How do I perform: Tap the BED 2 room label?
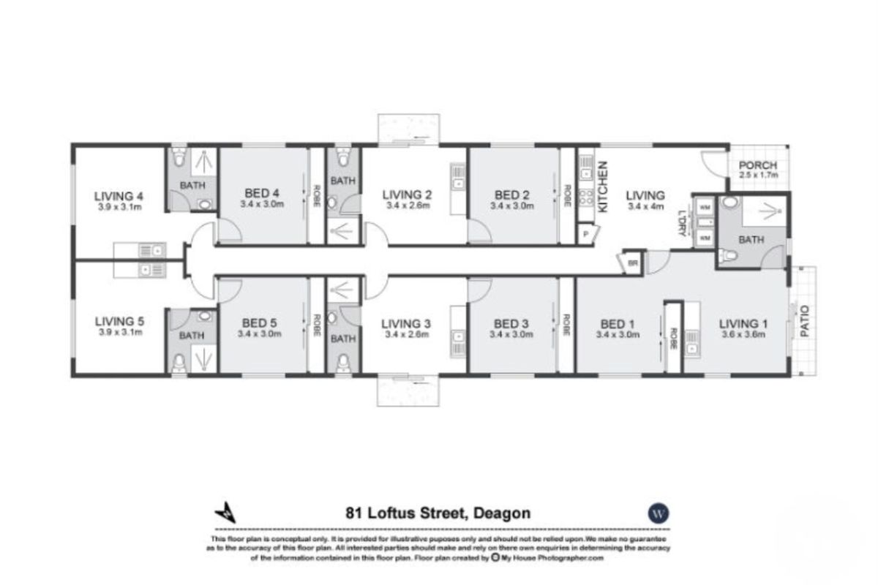point(512,195)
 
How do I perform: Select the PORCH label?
point(757,165)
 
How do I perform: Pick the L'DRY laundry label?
point(682,223)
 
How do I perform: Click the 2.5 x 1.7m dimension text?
point(757,176)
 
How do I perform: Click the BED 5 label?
point(260,323)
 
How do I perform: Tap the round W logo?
point(658,513)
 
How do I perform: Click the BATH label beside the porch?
point(752,239)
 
